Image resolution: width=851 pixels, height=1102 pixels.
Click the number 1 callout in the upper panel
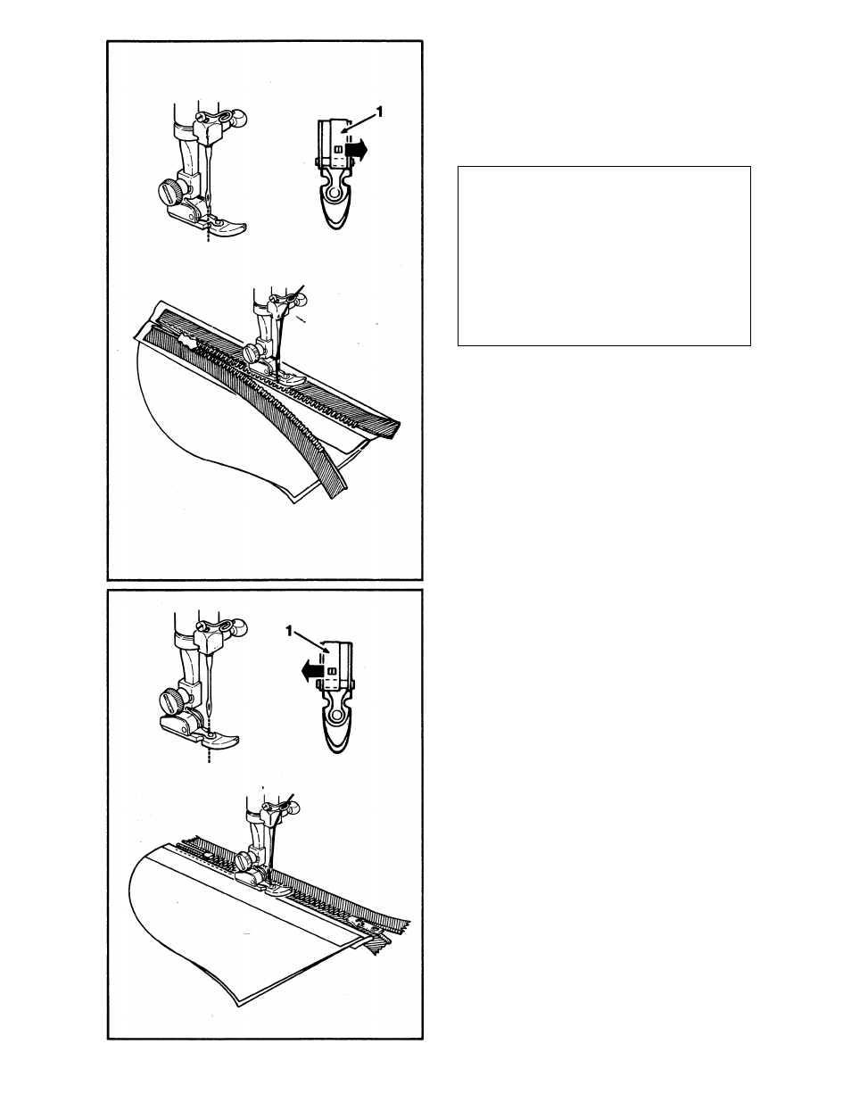click(380, 111)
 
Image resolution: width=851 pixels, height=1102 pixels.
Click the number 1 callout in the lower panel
click(289, 631)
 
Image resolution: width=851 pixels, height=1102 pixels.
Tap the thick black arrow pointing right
click(355, 151)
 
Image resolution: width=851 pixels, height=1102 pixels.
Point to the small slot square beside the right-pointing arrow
click(336, 150)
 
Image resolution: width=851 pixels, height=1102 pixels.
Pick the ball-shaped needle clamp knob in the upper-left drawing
click(238, 118)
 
